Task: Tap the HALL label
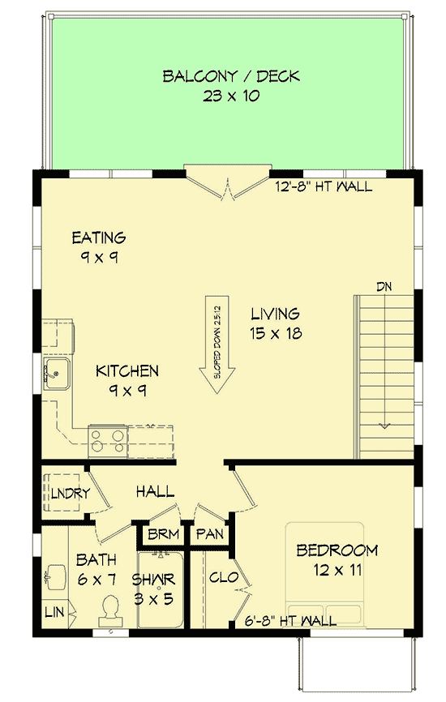[153, 491]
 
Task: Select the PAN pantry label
[209, 535]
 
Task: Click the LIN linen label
[54, 610]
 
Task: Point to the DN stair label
[384, 286]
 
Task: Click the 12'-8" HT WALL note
[324, 187]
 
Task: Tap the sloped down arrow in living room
[217, 349]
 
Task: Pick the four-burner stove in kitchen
[107, 439]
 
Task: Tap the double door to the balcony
[226, 183]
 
